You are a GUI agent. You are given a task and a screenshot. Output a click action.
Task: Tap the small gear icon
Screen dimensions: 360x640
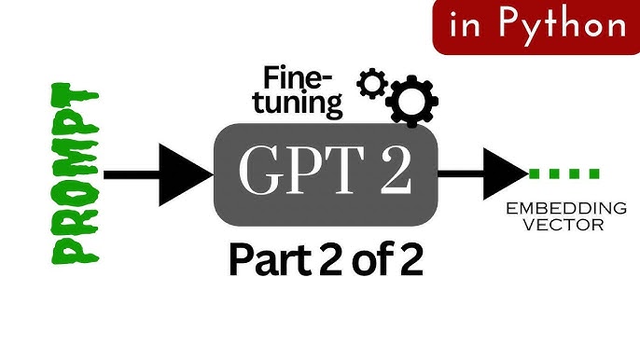(x=372, y=84)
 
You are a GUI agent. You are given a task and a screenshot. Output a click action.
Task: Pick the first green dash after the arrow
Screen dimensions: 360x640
(x=536, y=173)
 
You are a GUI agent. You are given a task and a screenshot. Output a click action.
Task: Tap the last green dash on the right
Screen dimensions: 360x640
(x=594, y=173)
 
